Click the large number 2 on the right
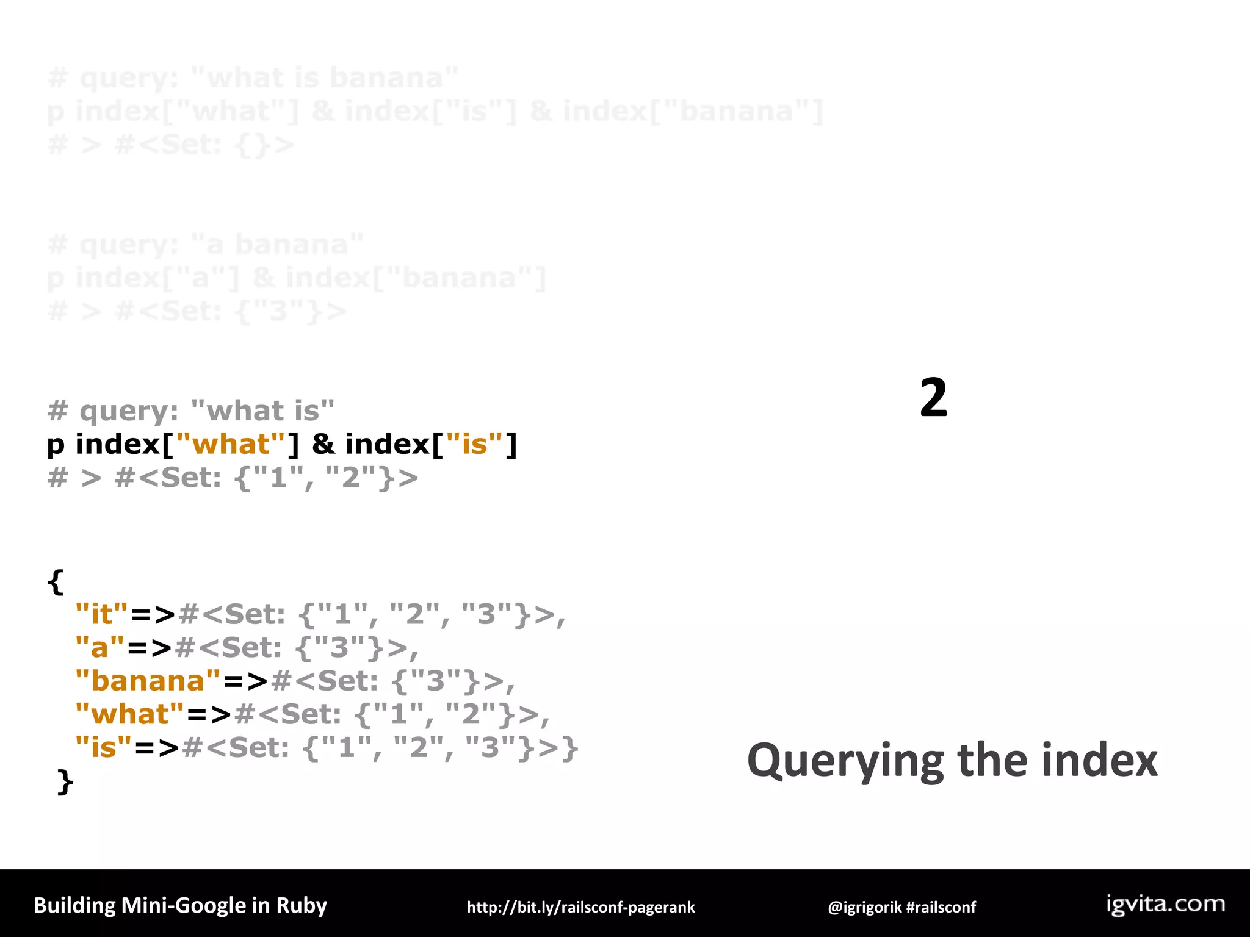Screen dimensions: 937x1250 click(x=933, y=398)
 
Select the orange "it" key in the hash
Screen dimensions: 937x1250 click(x=102, y=614)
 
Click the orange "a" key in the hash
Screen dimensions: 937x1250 click(x=99, y=647)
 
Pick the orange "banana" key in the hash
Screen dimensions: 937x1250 click(x=148, y=681)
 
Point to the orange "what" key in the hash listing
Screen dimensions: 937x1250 click(x=129, y=714)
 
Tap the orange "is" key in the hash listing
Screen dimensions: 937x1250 click(x=103, y=748)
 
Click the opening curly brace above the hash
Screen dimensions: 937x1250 click(x=55, y=581)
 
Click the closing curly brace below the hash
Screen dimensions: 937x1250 click(x=65, y=782)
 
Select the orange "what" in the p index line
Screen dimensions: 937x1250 click(x=231, y=444)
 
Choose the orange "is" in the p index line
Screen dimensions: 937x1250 click(x=475, y=444)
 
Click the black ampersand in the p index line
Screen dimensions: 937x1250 click(x=323, y=444)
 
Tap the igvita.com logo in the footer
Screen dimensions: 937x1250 click(x=1166, y=904)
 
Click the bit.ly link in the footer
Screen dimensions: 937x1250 click(x=580, y=907)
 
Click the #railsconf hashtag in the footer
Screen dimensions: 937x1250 click(x=941, y=907)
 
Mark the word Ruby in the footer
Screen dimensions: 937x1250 click(x=302, y=905)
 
